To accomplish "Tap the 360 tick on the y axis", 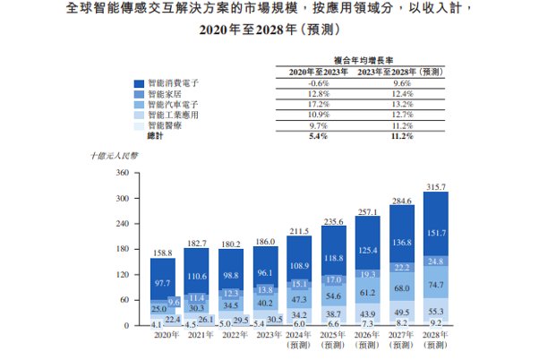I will pos(123,173).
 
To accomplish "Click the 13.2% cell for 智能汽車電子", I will pos(399,104).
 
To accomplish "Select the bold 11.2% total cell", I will pos(399,136).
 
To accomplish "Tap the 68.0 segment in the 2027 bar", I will pos(402,288).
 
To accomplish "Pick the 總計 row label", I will pos(156,136).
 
